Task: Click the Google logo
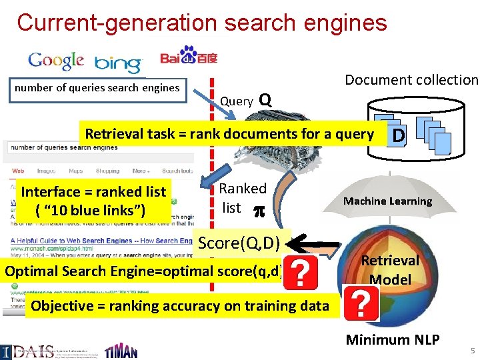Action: (56, 61)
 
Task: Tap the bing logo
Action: (118, 63)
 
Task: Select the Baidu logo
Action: (189, 56)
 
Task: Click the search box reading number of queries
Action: (98, 88)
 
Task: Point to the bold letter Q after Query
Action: (265, 100)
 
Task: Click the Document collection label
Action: (411, 80)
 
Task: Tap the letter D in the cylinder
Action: (398, 137)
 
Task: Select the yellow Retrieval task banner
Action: (229, 134)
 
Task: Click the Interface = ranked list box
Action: (94, 201)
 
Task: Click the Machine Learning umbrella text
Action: (387, 201)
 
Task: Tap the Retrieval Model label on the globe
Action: (390, 269)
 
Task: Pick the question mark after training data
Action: (361, 305)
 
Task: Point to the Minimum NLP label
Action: (392, 340)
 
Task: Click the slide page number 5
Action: (472, 351)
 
